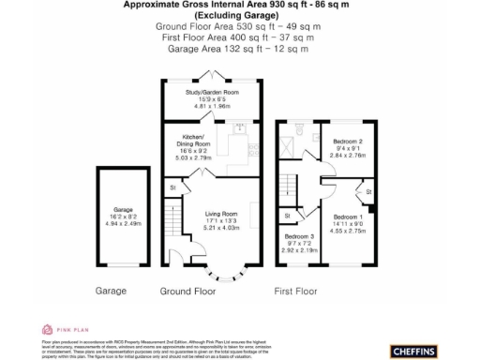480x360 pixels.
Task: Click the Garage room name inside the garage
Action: [x=122, y=209]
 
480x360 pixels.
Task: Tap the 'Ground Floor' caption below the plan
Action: [x=187, y=292]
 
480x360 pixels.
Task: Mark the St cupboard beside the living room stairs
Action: [x=172, y=189]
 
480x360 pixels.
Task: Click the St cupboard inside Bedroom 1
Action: [x=368, y=192]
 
